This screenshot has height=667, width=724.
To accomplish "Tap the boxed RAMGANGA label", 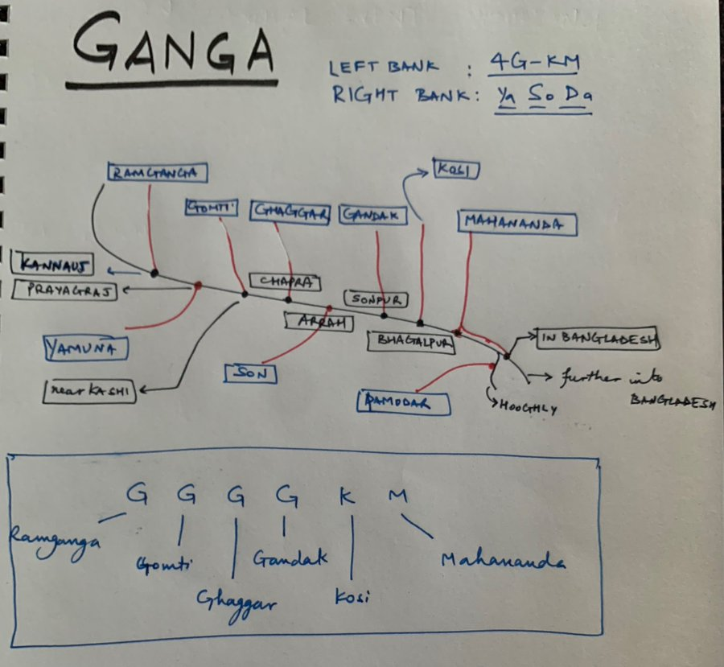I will (x=157, y=172).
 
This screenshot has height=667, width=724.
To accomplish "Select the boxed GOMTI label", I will (x=212, y=208).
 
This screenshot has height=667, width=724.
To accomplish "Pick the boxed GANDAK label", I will (x=372, y=215).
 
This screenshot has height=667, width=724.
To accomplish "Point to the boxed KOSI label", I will (x=456, y=169).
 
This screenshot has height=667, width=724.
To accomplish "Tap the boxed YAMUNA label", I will (x=86, y=348).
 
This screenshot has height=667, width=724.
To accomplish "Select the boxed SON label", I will (x=250, y=373).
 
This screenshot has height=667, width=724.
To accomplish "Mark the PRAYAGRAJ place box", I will (x=65, y=290).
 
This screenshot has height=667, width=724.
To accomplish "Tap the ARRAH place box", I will (x=319, y=320).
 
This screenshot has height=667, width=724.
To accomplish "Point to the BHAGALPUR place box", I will (x=411, y=341).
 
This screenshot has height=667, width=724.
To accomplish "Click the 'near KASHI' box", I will (x=90, y=392).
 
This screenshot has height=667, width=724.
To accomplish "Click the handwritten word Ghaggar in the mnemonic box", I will (x=236, y=599).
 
